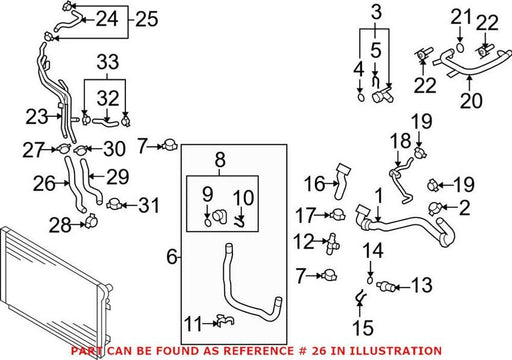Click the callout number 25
tap(147, 19)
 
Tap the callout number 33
tap(108, 62)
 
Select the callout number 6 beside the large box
tap(172, 257)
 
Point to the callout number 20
tap(471, 100)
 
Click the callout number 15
tap(363, 328)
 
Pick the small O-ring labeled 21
tap(460, 47)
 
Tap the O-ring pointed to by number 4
tap(361, 97)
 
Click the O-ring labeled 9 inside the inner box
tap(207, 222)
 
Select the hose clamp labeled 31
tap(114, 204)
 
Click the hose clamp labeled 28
tap(90, 221)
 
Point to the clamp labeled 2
tap(435, 208)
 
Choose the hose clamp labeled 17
tap(337, 214)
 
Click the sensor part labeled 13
tap(386, 286)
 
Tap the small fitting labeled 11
tap(225, 321)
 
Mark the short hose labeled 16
tap(342, 181)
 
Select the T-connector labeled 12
tap(333, 243)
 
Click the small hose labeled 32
tap(105, 123)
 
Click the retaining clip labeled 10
tap(240, 222)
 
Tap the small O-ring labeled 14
tap(370, 280)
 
